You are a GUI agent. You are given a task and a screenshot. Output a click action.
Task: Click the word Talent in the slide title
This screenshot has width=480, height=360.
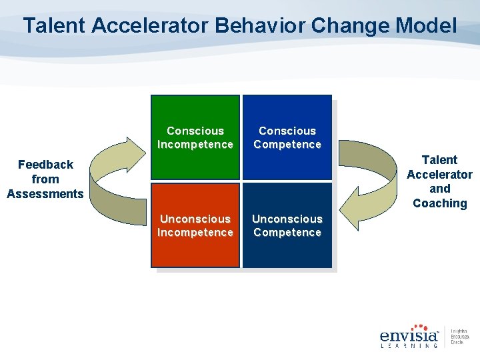click(x=55, y=27)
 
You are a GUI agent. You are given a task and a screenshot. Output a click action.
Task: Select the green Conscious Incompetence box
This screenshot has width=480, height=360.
click(x=195, y=137)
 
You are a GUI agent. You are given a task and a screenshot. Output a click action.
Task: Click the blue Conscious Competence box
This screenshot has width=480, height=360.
click(x=287, y=137)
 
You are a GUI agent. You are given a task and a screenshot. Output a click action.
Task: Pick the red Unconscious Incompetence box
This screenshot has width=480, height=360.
click(x=195, y=225)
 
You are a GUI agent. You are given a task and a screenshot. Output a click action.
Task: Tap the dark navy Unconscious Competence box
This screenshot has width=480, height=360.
click(x=287, y=225)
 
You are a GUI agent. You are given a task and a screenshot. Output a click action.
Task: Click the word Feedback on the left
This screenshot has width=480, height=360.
click(x=45, y=165)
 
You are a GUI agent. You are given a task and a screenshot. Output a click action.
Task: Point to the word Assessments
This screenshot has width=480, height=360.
click(x=45, y=194)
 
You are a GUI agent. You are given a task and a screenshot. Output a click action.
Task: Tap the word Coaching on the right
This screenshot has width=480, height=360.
click(x=439, y=203)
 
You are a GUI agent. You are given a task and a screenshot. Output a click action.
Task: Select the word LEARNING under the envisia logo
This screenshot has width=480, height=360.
click(x=409, y=346)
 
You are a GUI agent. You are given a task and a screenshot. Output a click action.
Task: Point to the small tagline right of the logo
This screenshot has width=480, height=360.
click(x=459, y=337)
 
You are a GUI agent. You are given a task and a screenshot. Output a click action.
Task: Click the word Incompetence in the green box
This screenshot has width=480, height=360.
click(x=195, y=145)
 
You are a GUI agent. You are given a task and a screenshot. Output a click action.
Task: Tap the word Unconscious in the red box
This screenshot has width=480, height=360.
click(x=195, y=219)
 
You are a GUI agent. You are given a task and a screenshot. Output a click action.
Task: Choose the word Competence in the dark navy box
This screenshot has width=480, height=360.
click(x=287, y=233)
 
